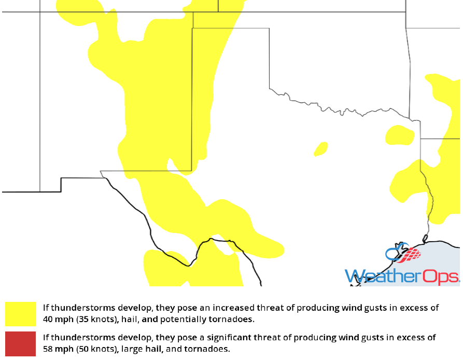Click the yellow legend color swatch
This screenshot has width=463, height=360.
[21, 314]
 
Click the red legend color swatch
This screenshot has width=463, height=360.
[21, 343]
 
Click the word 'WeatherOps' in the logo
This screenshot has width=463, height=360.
[402, 276]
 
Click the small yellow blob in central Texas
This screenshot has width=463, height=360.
[321, 149]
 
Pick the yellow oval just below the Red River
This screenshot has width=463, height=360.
[400, 135]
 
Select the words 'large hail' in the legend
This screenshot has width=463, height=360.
[141, 348]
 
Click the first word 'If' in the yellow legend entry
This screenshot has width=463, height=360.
[46, 308]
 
